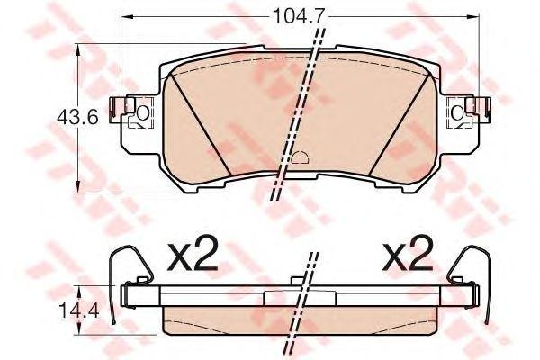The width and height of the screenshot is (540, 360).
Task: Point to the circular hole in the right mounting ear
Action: [x=456, y=112]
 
